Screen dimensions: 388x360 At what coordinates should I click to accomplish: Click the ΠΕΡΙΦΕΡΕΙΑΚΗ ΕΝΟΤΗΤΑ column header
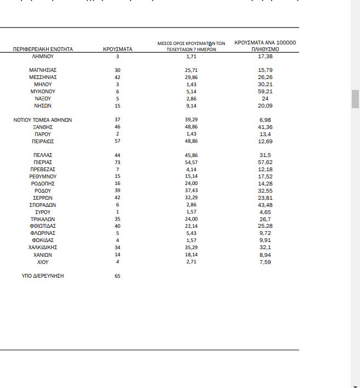(x=43, y=49)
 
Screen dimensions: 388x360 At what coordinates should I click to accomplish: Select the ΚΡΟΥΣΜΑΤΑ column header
(x=117, y=49)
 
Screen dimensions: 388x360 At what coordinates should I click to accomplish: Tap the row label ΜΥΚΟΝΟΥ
(x=43, y=92)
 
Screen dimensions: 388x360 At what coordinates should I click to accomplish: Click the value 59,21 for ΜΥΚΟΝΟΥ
(x=265, y=92)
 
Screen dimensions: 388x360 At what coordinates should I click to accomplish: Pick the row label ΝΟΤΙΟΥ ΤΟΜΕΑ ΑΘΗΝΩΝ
(x=43, y=120)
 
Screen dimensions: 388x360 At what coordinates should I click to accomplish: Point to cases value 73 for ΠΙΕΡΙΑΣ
(x=117, y=162)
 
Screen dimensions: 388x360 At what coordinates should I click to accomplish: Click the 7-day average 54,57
(x=191, y=162)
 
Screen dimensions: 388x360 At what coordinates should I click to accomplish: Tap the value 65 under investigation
(x=117, y=275)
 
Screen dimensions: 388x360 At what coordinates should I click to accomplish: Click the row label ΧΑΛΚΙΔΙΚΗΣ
(x=43, y=248)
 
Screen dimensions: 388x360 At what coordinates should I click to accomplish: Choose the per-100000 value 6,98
(x=265, y=120)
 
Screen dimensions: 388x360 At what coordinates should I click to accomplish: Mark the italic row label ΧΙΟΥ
(x=43, y=262)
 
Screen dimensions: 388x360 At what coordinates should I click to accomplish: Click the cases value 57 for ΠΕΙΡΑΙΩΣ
(x=117, y=141)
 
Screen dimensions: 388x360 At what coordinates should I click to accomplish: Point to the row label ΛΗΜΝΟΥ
(x=43, y=56)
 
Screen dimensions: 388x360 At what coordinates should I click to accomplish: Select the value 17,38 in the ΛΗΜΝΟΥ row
(x=265, y=56)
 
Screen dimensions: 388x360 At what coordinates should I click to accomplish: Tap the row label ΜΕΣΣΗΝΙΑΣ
(x=43, y=77)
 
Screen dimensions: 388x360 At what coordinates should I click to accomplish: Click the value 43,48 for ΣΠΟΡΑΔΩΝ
(x=265, y=205)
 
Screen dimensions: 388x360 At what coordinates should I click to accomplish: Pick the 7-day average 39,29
(x=191, y=120)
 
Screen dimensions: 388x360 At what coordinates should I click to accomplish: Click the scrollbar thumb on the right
(x=355, y=99)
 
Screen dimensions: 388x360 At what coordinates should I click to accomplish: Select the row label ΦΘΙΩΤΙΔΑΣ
(x=43, y=226)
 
